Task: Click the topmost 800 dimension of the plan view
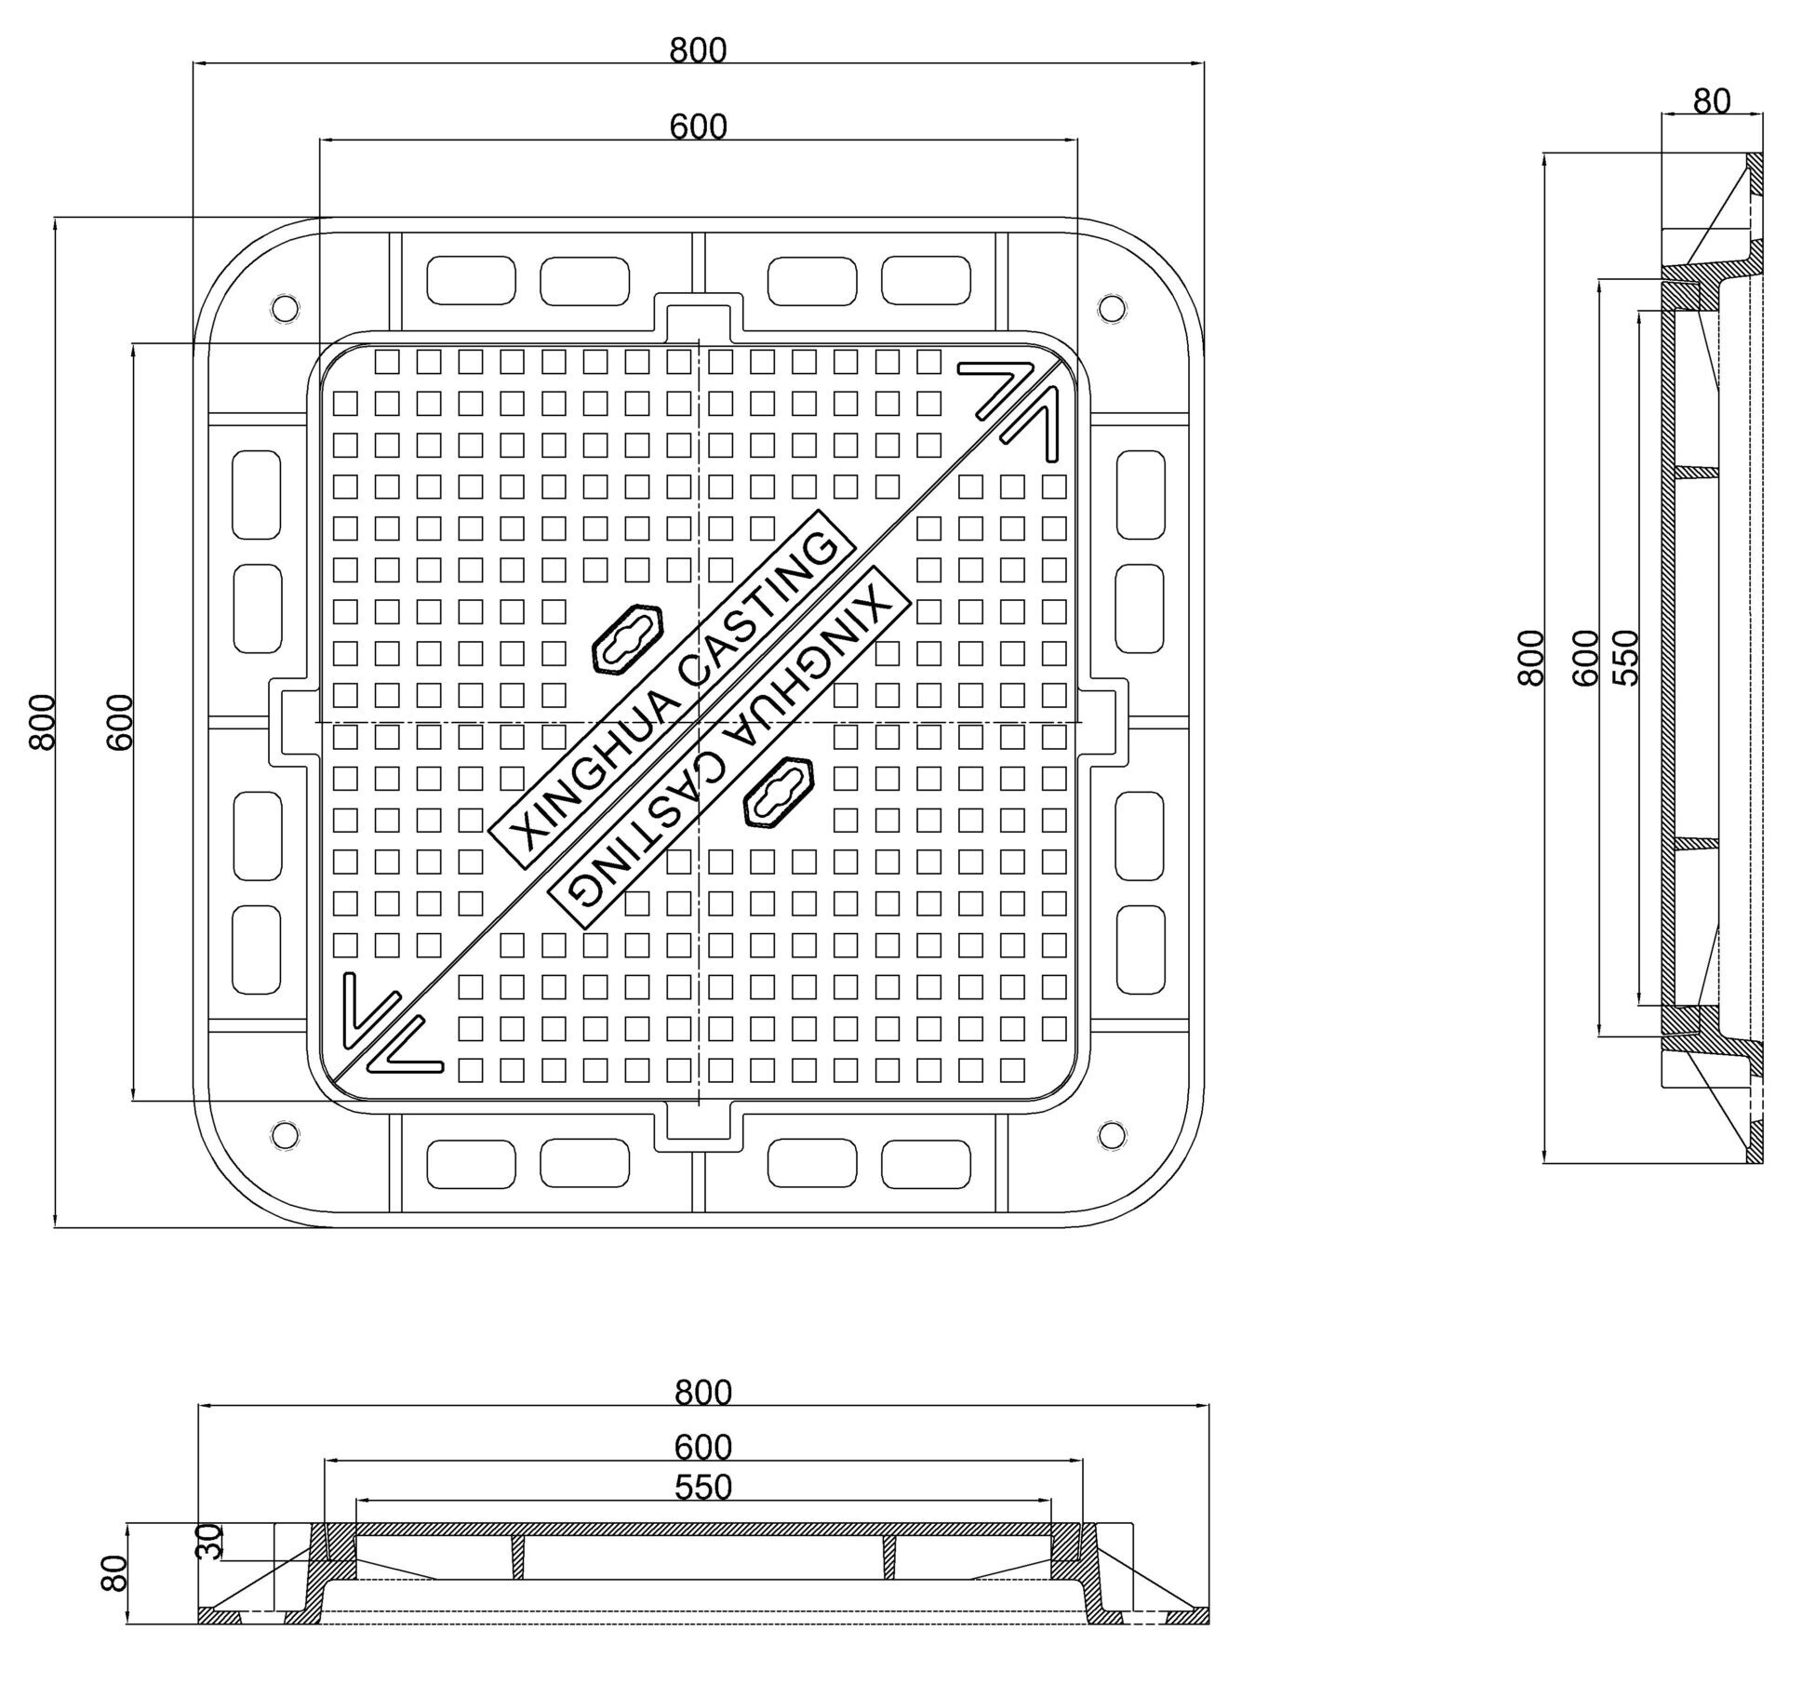(698, 50)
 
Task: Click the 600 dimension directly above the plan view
(698, 127)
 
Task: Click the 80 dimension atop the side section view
(1711, 101)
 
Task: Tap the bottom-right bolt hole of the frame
(1111, 1134)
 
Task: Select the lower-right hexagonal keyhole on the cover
(780, 793)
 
